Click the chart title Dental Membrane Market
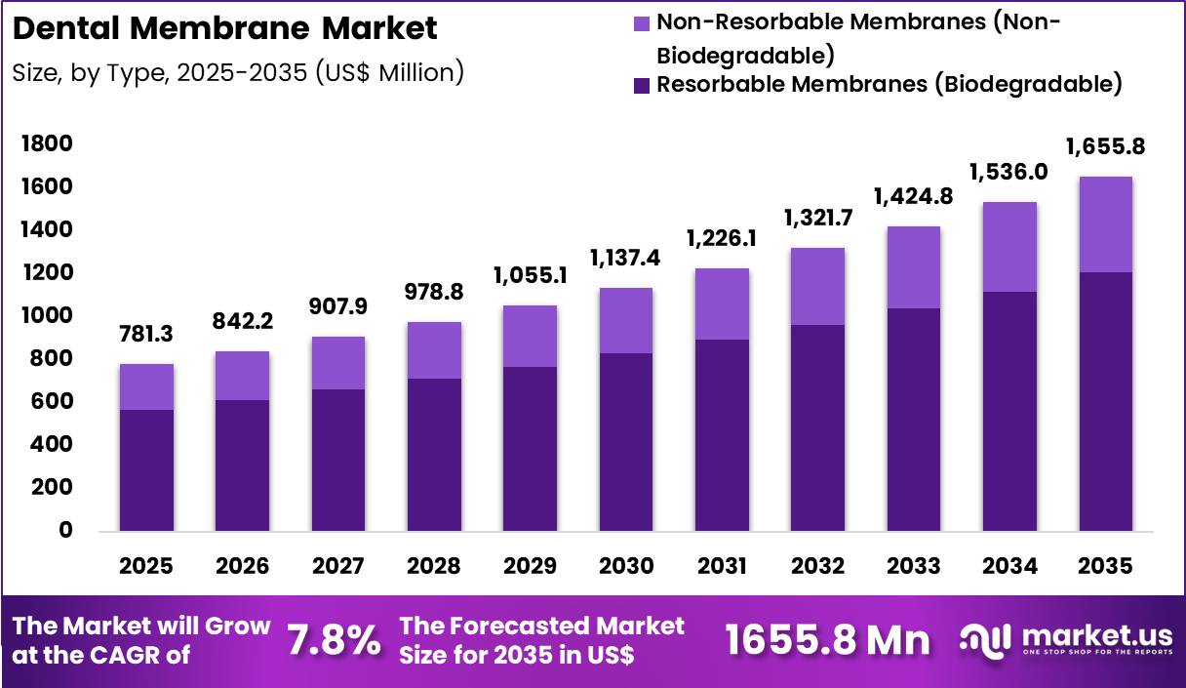[x=225, y=28]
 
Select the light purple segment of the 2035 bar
[x=1105, y=224]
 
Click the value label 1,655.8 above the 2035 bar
[x=1105, y=147]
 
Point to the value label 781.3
[x=146, y=335]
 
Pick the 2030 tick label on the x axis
[x=625, y=567]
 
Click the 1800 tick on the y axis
[x=46, y=144]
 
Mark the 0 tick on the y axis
[x=64, y=531]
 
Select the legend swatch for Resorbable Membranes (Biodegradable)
[x=642, y=85]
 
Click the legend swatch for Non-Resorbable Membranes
[x=642, y=22]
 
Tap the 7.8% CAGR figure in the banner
[x=334, y=640]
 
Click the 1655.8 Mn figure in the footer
[x=828, y=640]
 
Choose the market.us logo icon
[x=984, y=639]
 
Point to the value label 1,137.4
[x=625, y=259]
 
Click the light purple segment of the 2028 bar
[x=434, y=350]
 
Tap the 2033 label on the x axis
[x=914, y=567]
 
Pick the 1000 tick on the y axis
[x=46, y=316]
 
